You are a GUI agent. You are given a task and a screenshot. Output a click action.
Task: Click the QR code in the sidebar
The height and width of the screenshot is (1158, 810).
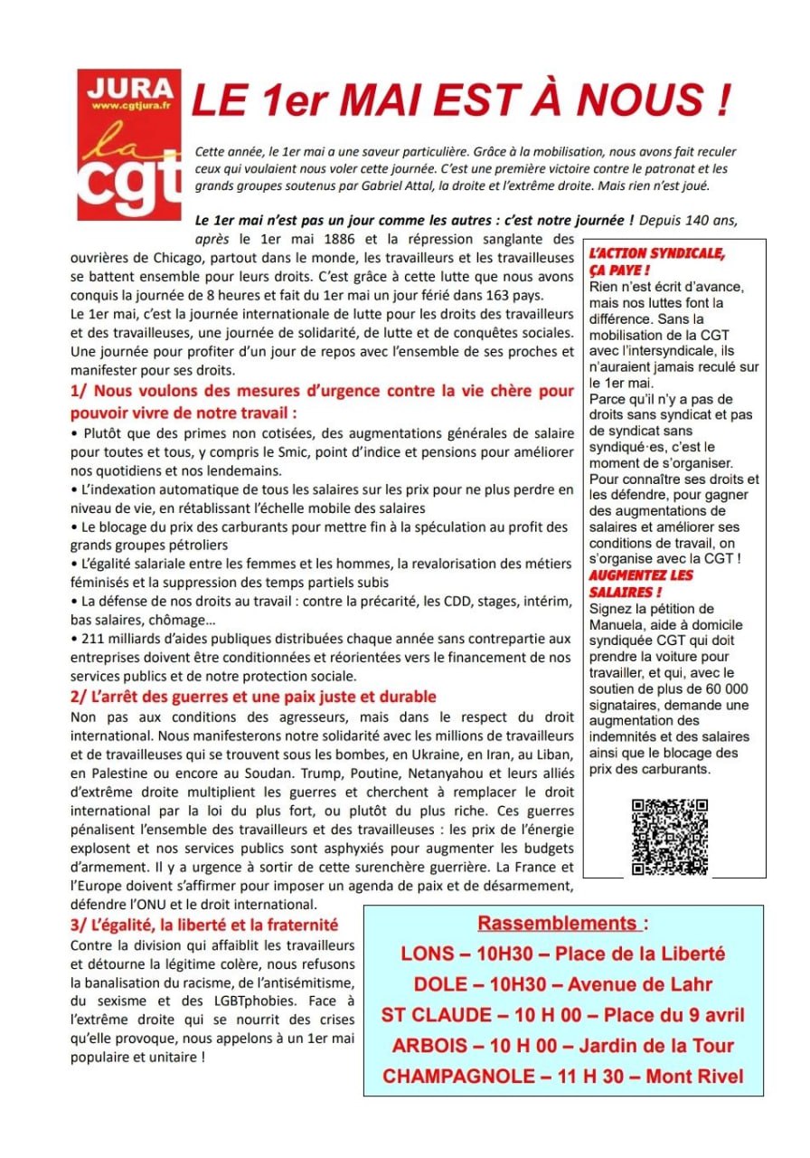[669, 837]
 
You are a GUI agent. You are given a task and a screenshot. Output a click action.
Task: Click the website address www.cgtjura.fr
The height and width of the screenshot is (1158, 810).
[128, 107]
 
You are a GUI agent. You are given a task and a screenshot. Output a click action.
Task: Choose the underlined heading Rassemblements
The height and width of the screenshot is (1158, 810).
[558, 924]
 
